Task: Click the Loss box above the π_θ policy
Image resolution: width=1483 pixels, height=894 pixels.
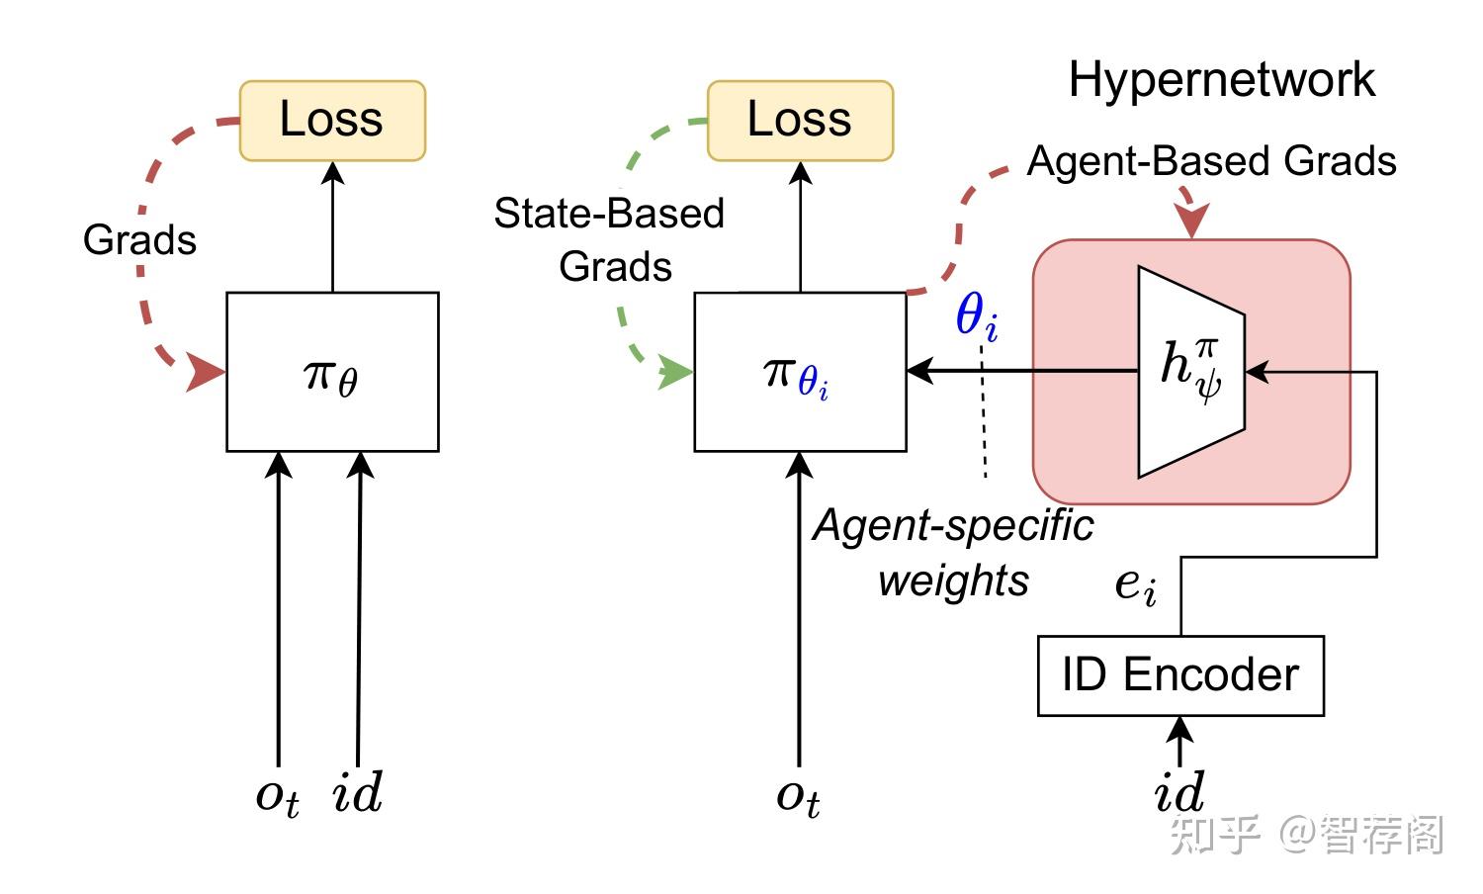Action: [332, 121]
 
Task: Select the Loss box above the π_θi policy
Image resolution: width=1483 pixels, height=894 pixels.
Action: [800, 121]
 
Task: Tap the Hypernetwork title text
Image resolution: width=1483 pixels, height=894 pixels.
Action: [1221, 80]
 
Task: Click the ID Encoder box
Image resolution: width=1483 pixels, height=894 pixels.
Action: [1180, 675]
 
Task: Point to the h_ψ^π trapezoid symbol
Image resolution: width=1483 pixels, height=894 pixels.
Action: [1191, 371]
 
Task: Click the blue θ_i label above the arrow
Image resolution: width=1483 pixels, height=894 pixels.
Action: [976, 317]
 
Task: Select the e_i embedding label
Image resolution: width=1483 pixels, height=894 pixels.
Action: [1135, 584]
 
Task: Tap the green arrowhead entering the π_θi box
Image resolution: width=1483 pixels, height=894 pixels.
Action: [677, 373]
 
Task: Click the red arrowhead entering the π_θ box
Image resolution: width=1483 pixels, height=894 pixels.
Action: [207, 374]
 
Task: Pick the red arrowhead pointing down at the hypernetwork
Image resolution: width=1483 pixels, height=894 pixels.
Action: [1193, 222]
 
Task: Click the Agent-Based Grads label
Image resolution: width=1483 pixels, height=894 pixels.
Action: [1211, 161]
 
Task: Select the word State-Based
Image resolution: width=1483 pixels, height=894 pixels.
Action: [609, 214]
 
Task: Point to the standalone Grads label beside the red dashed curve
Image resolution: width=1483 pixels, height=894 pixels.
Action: [139, 240]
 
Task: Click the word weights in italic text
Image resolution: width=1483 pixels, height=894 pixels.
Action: [953, 581]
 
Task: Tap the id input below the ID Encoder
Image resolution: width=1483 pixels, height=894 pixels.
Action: [1179, 792]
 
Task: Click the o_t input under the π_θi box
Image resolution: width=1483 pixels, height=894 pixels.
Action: [798, 796]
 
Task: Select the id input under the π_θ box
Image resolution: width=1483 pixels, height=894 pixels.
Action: [357, 794]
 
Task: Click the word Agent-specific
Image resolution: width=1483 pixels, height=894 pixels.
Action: [953, 526]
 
